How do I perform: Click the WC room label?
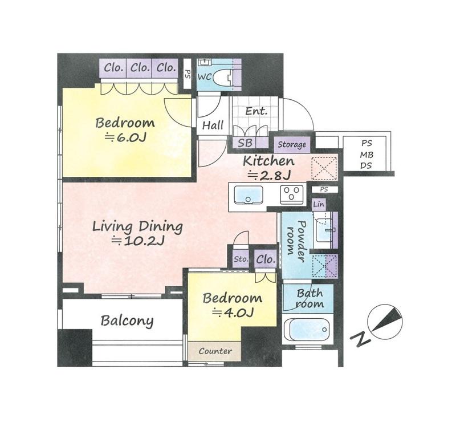pos(205,78)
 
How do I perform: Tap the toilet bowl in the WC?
pos(223,78)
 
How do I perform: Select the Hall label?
pos(213,125)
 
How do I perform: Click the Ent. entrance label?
pos(256,111)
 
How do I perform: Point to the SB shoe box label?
pos(245,143)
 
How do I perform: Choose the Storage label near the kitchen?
pos(292,145)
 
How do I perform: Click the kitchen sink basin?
pos(249,194)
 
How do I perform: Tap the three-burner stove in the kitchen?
pos(291,194)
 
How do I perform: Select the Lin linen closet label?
pos(319,204)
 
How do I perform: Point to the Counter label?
pos(215,351)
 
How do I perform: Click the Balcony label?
pos(127,320)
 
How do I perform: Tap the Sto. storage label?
pos(241,259)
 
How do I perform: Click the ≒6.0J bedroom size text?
pos(125,137)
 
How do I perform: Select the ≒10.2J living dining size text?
pos(139,241)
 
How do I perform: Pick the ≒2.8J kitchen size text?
pos(268,175)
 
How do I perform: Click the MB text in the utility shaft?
pos(367,155)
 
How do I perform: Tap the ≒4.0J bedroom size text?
pos(233,313)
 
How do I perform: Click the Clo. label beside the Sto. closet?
pos(266,259)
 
